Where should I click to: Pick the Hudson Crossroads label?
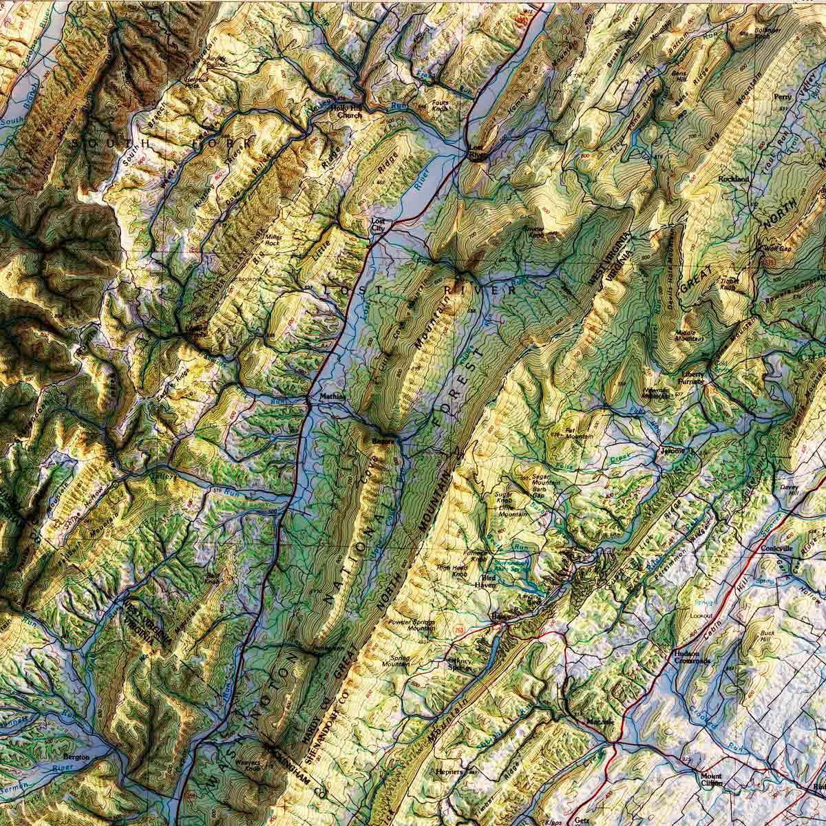coord(692,657)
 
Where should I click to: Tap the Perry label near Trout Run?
coord(783,98)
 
